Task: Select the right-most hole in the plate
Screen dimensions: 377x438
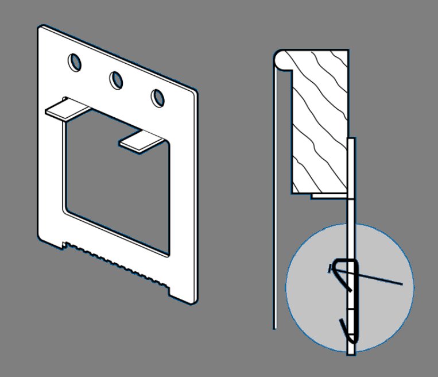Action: coord(157,98)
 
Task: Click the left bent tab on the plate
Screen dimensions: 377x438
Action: coord(64,109)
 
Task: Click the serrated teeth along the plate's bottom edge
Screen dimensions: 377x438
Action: coord(115,262)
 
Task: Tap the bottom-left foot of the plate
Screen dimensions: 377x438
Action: coord(51,241)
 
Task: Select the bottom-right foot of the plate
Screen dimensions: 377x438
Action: coord(183,296)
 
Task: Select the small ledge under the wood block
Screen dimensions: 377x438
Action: coord(321,195)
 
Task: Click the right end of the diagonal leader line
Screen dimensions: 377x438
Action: coord(402,283)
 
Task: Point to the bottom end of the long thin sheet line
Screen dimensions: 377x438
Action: coord(274,328)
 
